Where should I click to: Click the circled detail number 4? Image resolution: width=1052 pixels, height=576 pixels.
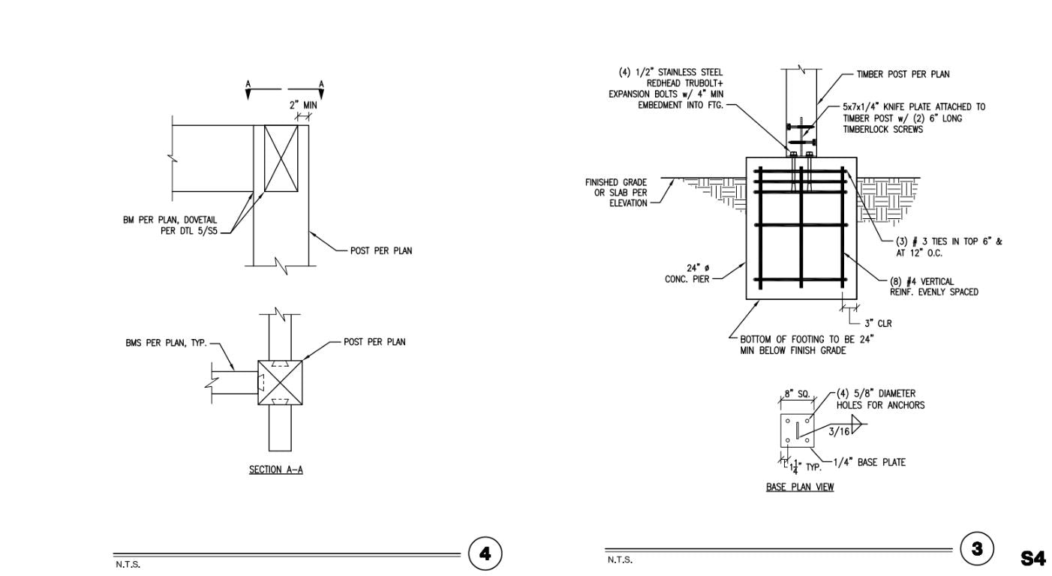485,554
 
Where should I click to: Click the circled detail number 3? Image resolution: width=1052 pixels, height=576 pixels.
977,548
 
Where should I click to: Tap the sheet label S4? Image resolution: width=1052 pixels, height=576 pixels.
1033,558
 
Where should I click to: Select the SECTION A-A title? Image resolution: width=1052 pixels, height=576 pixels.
275,470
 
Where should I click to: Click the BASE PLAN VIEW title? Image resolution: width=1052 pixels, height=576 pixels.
800,487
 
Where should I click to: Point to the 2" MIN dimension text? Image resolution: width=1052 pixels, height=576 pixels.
303,105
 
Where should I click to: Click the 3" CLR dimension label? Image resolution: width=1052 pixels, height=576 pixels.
878,323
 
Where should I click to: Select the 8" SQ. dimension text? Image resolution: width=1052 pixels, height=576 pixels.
797,394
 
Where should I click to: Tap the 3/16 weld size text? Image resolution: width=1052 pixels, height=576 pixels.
839,431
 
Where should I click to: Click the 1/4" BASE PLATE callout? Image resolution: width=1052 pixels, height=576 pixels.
870,463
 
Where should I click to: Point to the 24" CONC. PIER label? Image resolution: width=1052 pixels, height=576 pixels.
687,274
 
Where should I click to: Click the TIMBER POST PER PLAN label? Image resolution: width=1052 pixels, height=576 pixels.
903,74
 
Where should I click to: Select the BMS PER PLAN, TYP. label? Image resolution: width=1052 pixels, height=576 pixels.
167,343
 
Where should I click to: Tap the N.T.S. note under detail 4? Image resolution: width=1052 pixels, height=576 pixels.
128,565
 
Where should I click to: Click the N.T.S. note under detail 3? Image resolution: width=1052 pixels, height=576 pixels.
620,559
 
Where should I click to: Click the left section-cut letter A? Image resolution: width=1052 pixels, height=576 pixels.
248,85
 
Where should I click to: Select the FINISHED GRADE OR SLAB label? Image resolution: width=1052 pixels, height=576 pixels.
616,193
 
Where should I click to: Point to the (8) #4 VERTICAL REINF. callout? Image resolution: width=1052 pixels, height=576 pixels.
934,286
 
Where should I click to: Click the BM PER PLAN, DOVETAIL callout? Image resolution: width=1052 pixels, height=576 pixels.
170,225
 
